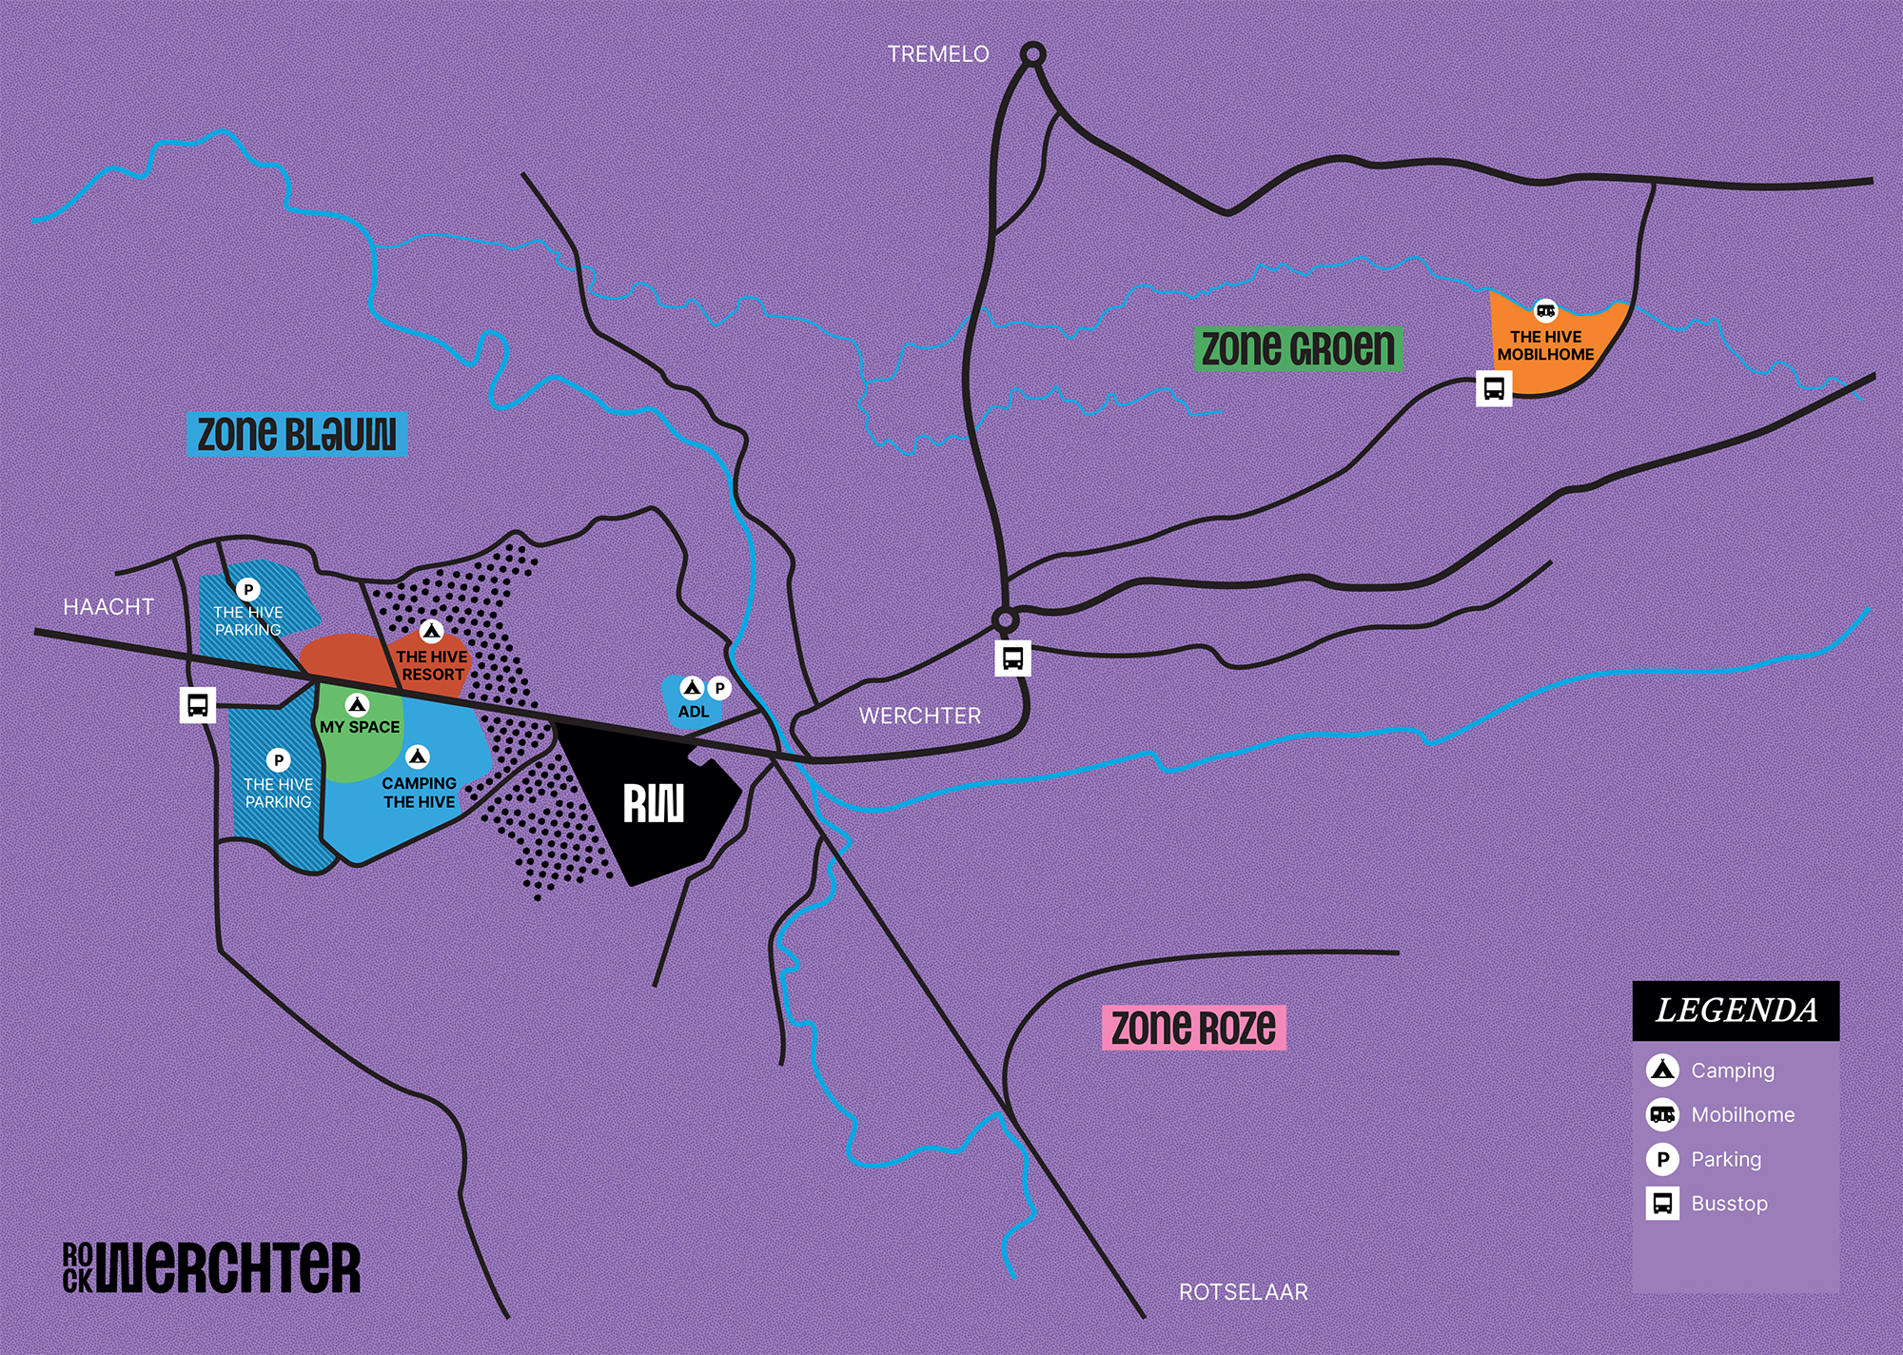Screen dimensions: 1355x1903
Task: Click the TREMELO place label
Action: point(938,54)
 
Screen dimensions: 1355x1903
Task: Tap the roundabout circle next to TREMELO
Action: point(1032,54)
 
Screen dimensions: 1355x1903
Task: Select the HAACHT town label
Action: point(108,607)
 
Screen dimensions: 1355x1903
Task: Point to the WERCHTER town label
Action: point(919,716)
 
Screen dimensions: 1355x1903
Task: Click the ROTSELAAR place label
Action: point(1243,1292)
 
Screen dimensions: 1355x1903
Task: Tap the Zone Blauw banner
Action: point(297,434)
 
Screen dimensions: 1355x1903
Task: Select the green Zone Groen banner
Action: point(1298,348)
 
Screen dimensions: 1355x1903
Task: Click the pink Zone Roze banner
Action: point(1193,1028)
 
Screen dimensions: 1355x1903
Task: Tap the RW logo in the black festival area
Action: point(653,804)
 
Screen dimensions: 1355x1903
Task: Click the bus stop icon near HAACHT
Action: point(198,705)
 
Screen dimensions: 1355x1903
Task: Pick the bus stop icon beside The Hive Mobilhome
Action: point(1493,388)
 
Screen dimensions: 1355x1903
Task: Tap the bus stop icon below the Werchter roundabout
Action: point(1012,658)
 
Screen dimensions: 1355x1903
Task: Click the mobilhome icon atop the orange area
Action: point(1545,310)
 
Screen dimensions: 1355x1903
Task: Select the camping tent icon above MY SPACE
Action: point(357,705)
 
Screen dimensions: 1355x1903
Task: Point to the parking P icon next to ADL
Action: point(719,688)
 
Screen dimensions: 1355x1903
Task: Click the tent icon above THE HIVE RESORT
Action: point(431,631)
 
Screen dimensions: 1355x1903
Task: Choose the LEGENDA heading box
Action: point(1736,1011)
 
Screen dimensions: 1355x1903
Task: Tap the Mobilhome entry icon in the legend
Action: point(1662,1114)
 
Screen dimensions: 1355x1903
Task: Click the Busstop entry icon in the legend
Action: point(1662,1204)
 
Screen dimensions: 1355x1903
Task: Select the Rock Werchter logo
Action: point(211,1267)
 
